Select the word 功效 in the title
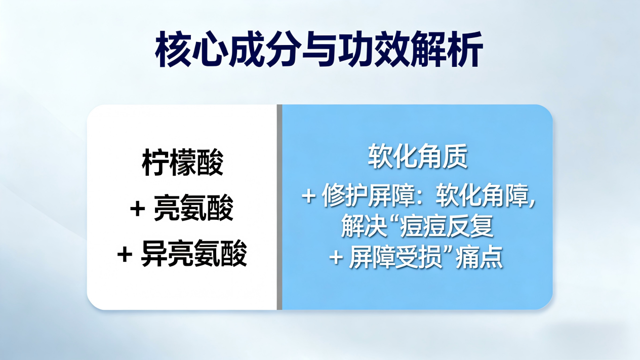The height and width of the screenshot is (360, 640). click(374, 49)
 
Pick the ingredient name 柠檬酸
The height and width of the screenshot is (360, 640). click(182, 163)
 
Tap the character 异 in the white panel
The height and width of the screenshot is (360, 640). click(154, 254)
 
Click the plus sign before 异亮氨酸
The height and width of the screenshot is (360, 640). click(125, 254)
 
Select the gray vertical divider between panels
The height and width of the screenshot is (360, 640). click(279, 207)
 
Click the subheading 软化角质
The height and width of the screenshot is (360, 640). click(417, 156)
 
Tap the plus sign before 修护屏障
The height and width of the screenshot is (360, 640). click(308, 196)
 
